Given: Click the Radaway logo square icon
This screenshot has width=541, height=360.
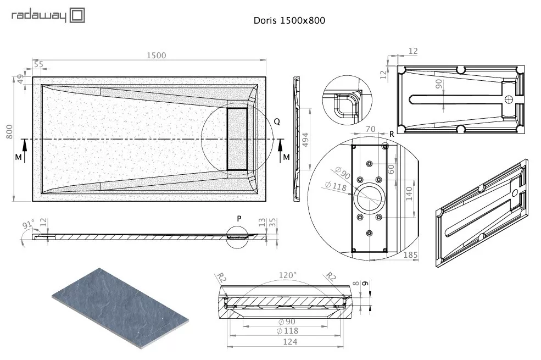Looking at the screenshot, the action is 77,16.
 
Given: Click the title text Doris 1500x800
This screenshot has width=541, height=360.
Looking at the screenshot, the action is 289,20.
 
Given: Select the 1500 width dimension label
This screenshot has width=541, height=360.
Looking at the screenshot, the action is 157,55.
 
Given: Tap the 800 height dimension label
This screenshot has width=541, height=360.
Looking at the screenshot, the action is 9,132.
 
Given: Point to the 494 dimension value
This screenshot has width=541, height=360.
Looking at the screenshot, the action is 305,140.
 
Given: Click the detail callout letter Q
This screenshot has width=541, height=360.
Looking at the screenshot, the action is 277,121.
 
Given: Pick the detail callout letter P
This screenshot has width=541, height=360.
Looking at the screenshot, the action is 239,219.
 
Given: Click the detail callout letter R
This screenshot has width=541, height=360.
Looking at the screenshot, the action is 392,134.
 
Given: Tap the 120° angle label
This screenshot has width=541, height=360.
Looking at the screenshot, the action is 287,275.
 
